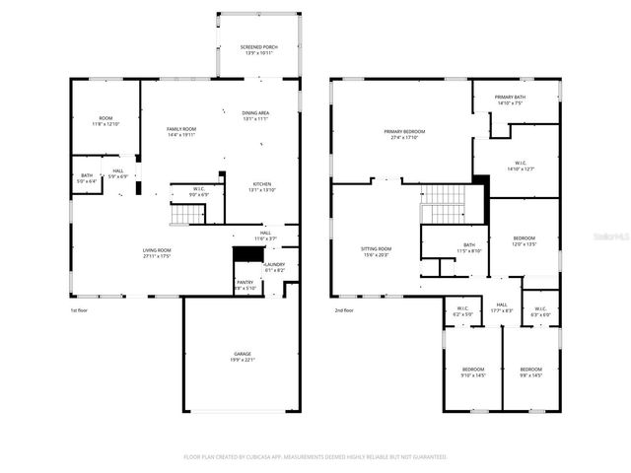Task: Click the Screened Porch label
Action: pos(258,49)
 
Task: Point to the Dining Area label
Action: pos(256,114)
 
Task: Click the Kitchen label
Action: pos(261,186)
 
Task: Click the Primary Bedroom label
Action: pos(404,134)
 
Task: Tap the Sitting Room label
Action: pos(377,251)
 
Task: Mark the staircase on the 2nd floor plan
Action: pos(443,202)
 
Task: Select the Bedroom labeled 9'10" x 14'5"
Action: pos(472,372)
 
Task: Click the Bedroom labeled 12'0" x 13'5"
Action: pos(525,240)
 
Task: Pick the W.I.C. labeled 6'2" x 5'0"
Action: pos(462,311)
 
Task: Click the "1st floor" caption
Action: pos(80,310)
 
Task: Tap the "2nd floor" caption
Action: pos(343,310)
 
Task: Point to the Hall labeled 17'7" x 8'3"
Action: pos(501,307)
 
